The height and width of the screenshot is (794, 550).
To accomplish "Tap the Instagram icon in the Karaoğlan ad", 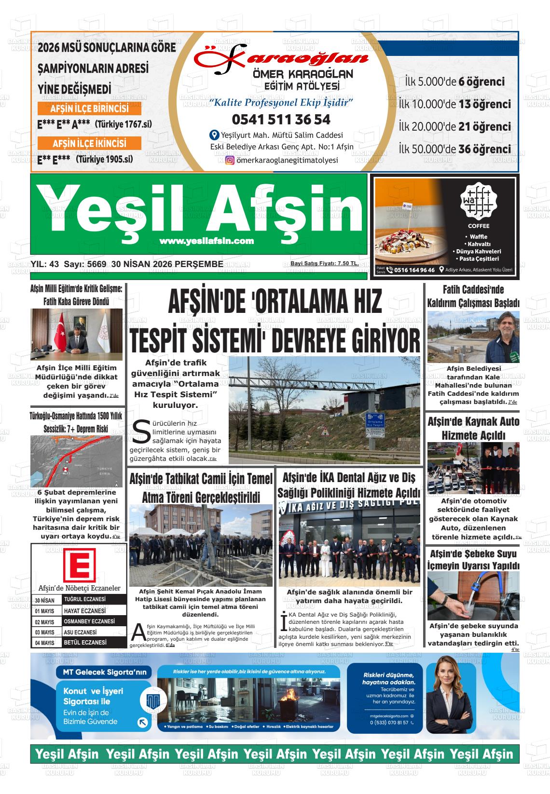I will coord(230,161).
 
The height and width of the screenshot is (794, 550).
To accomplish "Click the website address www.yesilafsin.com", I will coord(206,241).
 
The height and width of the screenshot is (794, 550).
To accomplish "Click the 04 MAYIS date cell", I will coord(45,643).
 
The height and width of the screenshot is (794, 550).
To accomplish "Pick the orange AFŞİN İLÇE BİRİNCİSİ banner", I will coord(89,108).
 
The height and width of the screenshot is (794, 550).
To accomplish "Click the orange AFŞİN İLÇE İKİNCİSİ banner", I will coord(89,143).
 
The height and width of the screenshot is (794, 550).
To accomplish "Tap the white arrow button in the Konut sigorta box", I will coord(142,722).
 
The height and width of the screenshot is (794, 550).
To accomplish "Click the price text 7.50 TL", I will coord(347,263).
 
